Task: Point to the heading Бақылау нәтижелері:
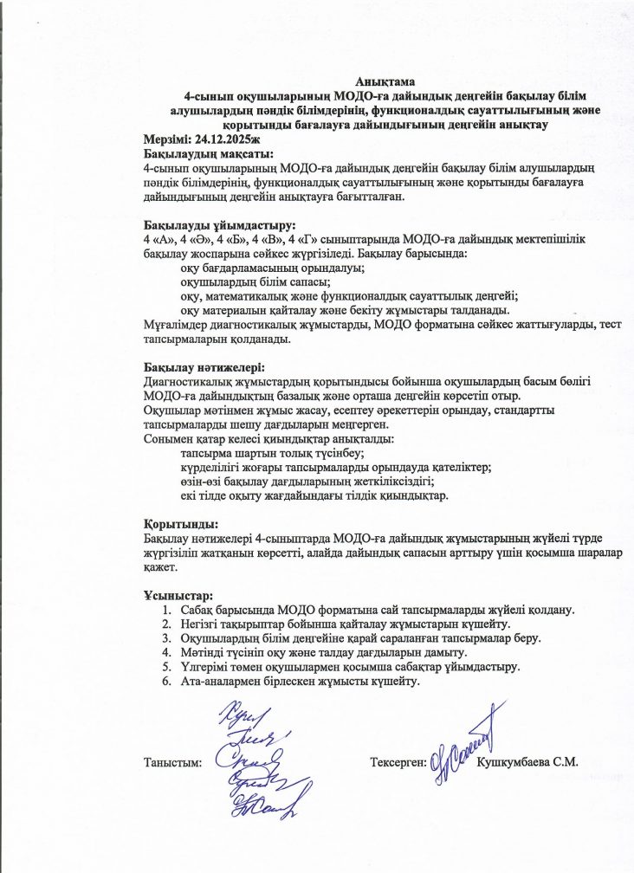click(x=192, y=367)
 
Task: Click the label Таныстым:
click(x=172, y=762)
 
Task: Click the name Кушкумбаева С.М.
click(x=527, y=762)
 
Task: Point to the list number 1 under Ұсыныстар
click(x=166, y=611)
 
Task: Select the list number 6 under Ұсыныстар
click(x=166, y=681)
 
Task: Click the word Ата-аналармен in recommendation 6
click(x=220, y=681)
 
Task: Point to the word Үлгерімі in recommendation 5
click(x=204, y=667)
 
